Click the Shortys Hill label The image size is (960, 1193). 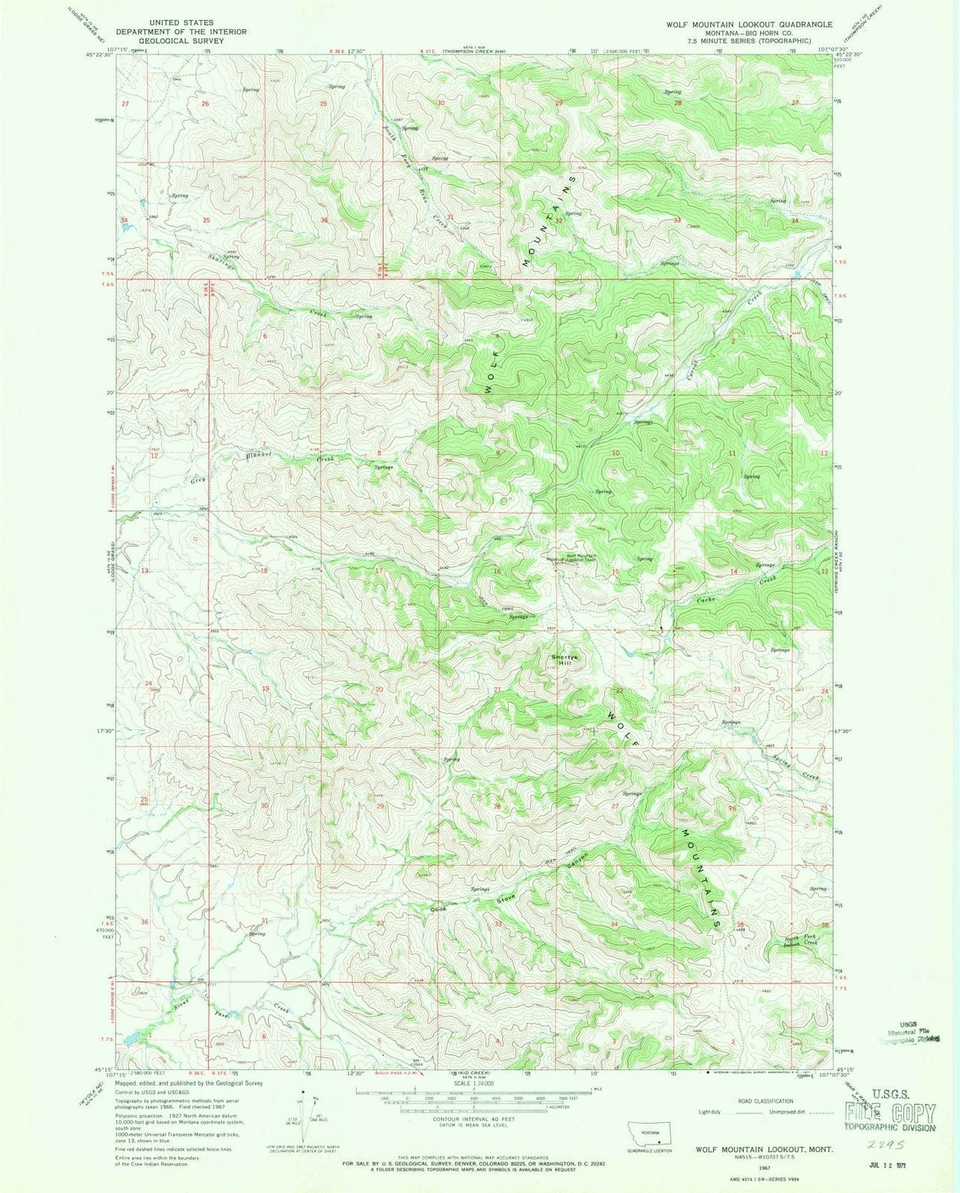[x=564, y=660]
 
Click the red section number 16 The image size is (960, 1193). [x=497, y=572]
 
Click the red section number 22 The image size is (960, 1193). [x=618, y=691]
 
